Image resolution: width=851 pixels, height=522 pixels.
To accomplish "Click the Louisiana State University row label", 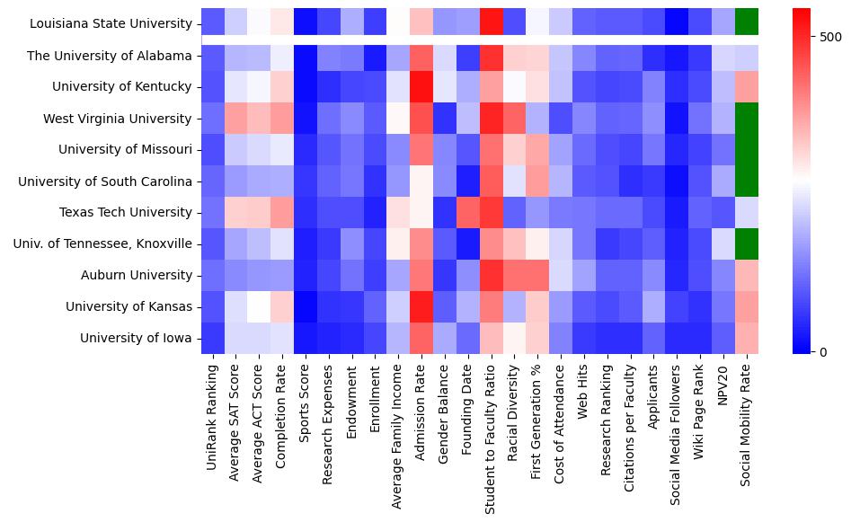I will click(111, 24).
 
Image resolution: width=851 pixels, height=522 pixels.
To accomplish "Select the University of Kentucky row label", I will click(122, 87).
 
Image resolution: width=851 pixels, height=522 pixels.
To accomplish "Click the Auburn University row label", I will click(137, 275).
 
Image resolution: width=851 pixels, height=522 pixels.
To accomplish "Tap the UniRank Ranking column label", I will click(212, 403).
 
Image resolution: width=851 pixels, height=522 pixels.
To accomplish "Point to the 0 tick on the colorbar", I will click(823, 351).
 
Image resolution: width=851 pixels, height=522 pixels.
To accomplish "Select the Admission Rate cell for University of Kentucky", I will click(422, 87).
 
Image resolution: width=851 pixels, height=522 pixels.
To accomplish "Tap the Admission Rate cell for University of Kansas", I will click(422, 306).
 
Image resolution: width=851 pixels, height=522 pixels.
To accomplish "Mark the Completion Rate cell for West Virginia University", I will click(283, 119).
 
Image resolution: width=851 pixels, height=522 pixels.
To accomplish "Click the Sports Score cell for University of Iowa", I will click(306, 338).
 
